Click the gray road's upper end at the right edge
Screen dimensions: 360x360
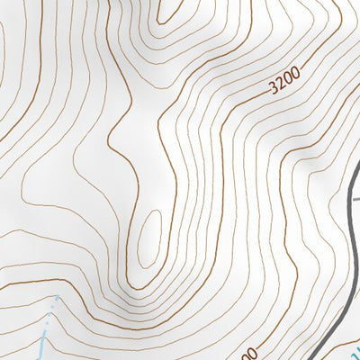(357, 179)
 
